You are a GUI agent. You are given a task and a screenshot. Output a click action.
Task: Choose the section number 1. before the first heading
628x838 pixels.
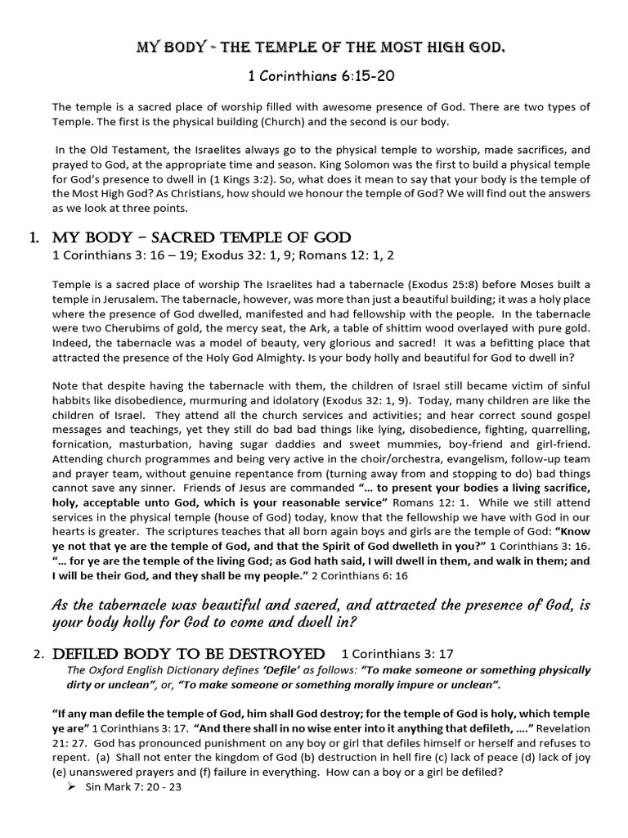point(34,238)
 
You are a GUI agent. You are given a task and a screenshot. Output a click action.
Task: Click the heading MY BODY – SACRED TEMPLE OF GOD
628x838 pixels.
point(201,238)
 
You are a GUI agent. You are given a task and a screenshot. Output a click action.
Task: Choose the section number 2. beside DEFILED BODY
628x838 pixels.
point(38,654)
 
